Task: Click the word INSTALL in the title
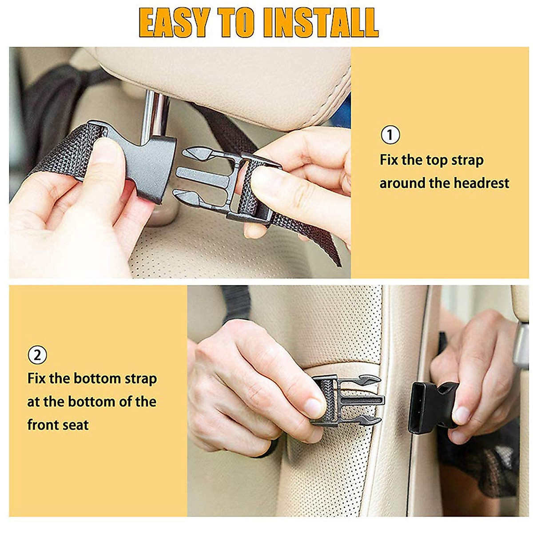pos(320,22)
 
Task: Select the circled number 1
pos(390,135)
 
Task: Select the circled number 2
pos(37,355)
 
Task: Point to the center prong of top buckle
pos(195,172)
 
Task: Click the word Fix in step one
pos(389,160)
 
